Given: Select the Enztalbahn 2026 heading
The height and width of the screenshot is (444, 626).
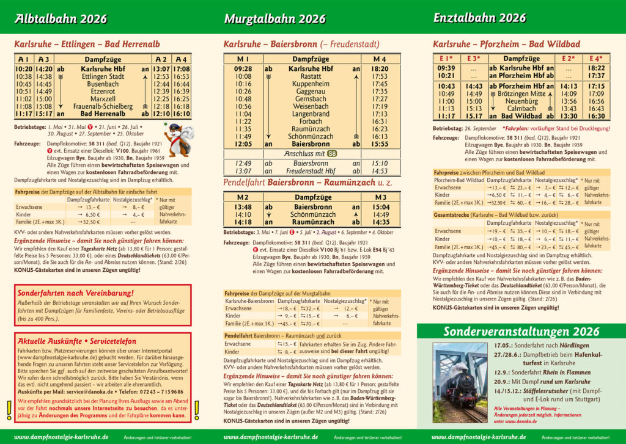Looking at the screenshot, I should [x=479, y=18].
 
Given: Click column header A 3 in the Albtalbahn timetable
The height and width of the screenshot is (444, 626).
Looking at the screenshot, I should [x=44, y=59].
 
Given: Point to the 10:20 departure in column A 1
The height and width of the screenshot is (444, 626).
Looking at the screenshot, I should [x=24, y=69].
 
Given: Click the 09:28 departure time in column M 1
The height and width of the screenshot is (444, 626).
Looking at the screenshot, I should [x=243, y=69].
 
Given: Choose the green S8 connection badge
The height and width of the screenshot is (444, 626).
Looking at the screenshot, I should [x=332, y=153].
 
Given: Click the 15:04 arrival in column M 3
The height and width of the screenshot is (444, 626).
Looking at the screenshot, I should [x=380, y=206].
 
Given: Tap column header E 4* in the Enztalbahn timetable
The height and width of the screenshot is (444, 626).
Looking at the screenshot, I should [x=596, y=59].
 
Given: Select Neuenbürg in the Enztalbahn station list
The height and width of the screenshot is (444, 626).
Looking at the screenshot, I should [x=521, y=101].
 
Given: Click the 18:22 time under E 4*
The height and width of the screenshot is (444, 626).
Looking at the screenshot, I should [x=596, y=68].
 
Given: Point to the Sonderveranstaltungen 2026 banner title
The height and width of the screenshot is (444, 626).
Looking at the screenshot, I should [x=521, y=332].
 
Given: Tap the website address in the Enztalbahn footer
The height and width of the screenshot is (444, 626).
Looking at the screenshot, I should [x=479, y=437].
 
